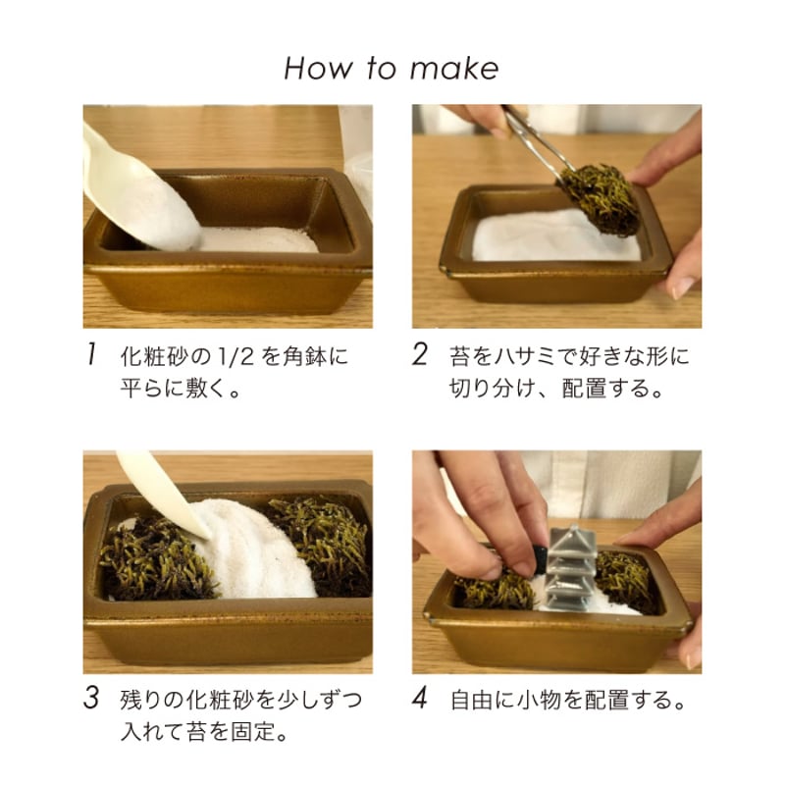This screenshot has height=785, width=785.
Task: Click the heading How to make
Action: (392, 68)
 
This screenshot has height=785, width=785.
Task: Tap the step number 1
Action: (90, 355)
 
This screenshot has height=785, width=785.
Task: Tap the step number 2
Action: (419, 355)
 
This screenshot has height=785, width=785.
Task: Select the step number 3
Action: (90, 700)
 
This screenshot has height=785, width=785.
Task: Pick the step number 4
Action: (419, 700)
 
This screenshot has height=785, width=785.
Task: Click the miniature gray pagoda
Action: (571, 569)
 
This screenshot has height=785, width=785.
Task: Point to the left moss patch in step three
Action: (152, 559)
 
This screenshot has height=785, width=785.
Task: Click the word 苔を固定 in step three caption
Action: (235, 733)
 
